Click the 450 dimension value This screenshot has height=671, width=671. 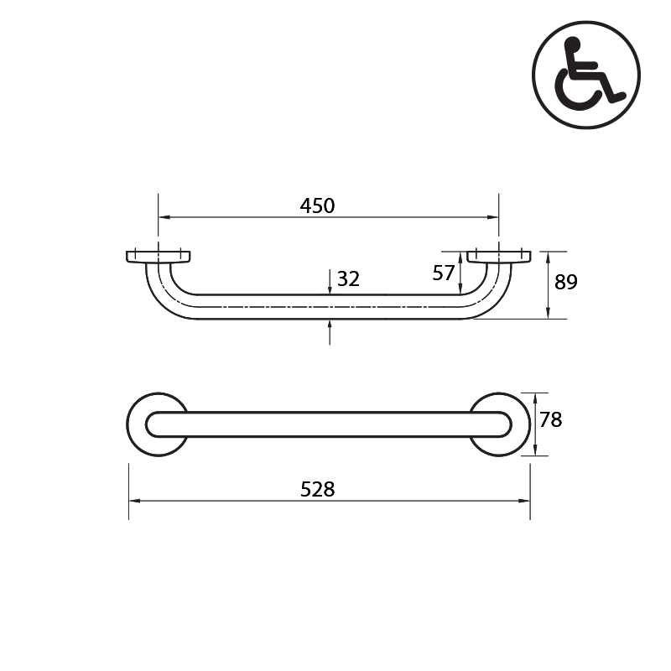[317, 205]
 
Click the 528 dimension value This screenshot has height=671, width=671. [317, 489]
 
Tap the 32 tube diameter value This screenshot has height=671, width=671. [348, 279]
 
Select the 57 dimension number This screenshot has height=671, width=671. [444, 273]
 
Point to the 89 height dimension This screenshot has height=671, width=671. [566, 282]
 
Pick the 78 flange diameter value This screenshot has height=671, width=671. [550, 420]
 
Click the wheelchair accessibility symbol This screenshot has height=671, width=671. [586, 74]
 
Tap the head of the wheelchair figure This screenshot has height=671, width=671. [572, 44]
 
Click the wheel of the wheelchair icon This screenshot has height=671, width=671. [578, 92]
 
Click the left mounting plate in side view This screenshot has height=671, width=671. [158, 256]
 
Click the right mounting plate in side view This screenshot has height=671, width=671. [499, 256]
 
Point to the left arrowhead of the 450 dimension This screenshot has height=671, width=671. [163, 217]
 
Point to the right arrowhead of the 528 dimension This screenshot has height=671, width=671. [525, 501]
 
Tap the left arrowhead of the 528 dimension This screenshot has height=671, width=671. [133, 501]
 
